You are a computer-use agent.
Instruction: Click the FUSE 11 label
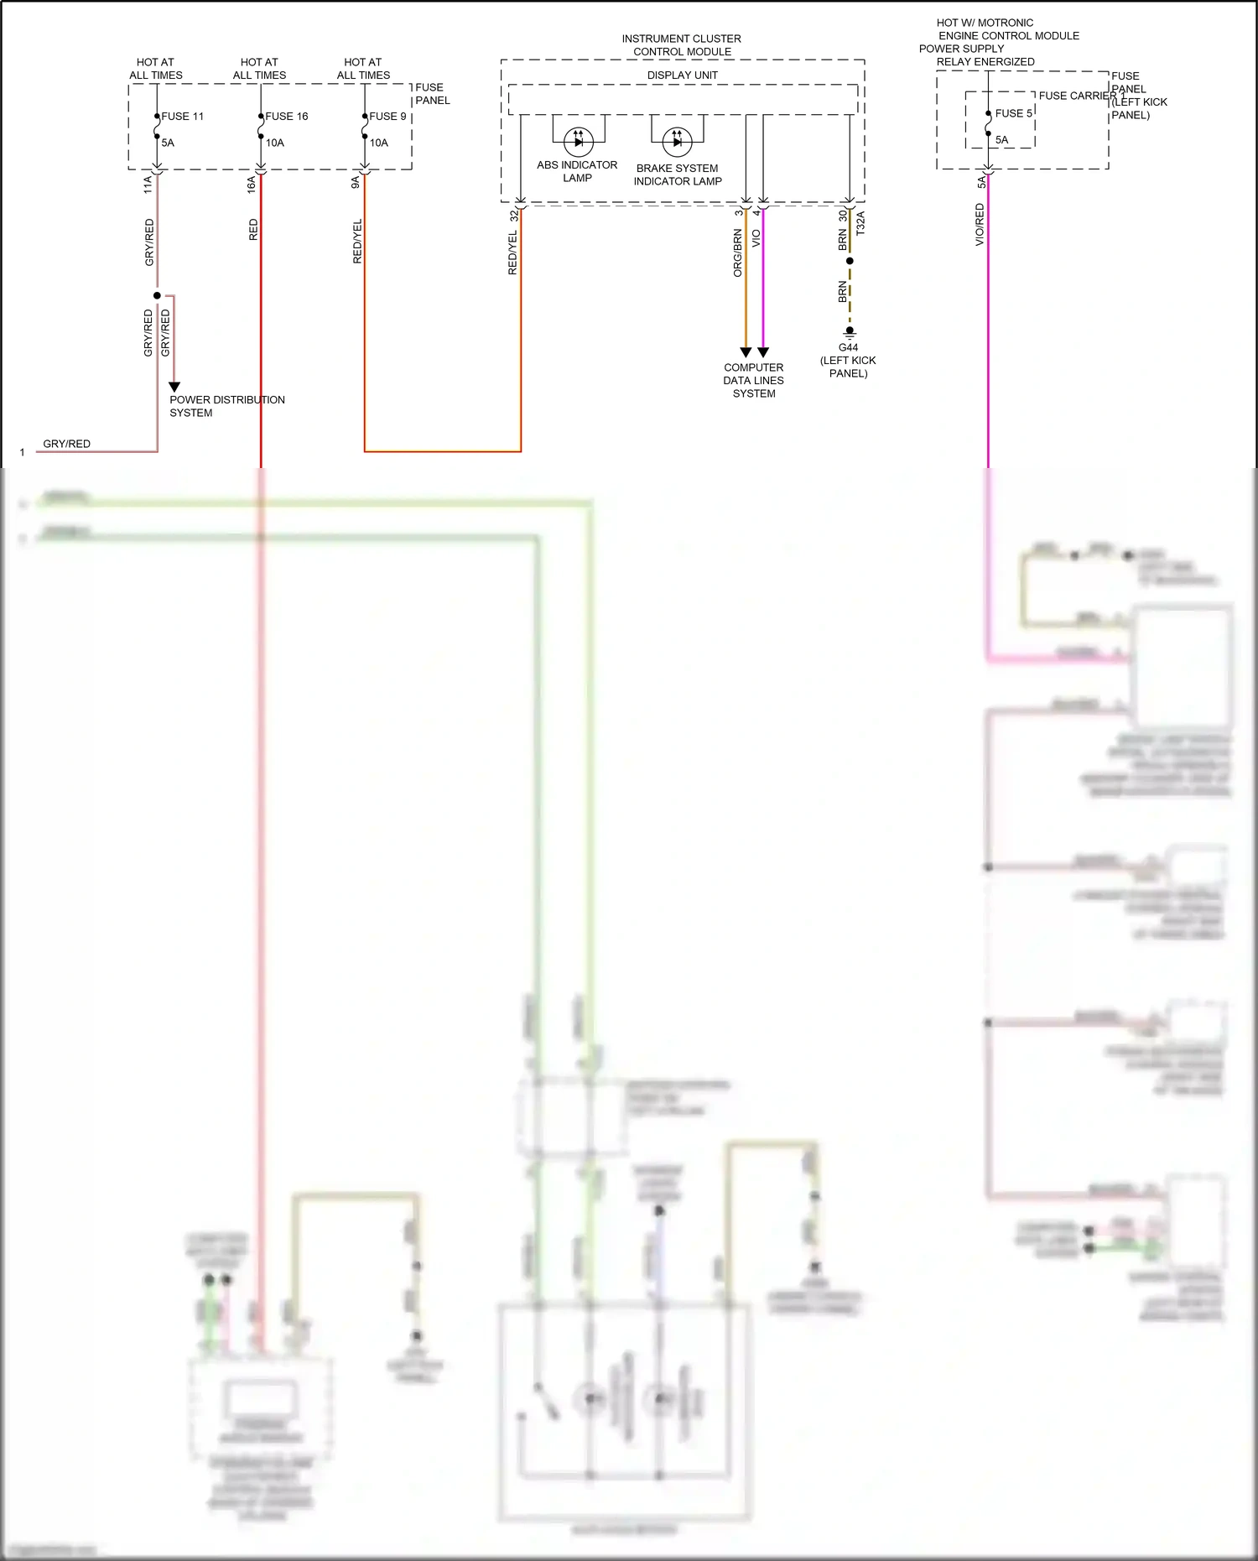click(182, 117)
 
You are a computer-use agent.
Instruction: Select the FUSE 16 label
click(286, 117)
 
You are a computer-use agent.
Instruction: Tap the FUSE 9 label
click(387, 117)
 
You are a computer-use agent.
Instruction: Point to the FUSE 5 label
click(1013, 113)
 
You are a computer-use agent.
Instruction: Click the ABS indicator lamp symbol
click(578, 141)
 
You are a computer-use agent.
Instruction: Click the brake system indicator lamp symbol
click(677, 142)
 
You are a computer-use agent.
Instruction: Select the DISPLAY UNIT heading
click(682, 75)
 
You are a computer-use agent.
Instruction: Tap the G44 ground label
click(848, 347)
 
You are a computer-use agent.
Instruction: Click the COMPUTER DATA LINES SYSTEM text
click(753, 380)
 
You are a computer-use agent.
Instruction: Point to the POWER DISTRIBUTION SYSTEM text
click(226, 406)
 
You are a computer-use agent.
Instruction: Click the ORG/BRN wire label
click(738, 252)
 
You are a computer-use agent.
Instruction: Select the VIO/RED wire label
click(980, 225)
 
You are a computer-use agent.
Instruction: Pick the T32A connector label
click(860, 223)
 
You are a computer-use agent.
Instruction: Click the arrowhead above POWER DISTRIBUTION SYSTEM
click(174, 387)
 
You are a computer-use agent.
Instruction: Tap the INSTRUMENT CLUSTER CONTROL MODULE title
click(681, 45)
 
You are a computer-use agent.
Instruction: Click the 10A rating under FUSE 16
click(275, 143)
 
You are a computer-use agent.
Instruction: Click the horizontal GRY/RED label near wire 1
click(66, 444)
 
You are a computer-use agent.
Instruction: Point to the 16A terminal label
click(252, 185)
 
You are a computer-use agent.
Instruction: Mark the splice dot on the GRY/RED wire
click(157, 295)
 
